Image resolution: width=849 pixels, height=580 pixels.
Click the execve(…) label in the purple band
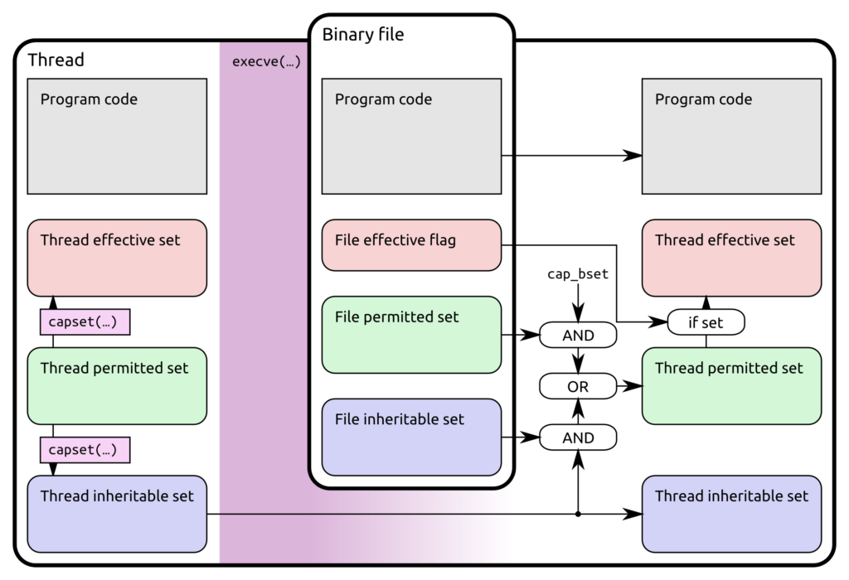coord(265,61)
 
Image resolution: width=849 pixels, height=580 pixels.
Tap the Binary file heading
coord(363,35)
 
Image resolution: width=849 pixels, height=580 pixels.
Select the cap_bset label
coord(578,274)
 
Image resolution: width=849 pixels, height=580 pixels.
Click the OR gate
coord(578,386)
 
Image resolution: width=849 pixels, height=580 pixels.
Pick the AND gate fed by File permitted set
coord(578,336)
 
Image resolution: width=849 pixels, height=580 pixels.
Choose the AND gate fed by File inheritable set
coord(578,437)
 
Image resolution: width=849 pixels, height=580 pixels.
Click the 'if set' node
coord(706,322)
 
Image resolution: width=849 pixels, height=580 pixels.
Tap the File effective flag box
coord(411,244)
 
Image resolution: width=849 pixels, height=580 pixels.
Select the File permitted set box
coord(411,334)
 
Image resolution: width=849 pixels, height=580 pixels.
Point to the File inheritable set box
coord(411,437)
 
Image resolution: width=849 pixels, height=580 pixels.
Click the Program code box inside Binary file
coord(411,136)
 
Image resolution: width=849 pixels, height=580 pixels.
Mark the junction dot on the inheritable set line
coord(578,515)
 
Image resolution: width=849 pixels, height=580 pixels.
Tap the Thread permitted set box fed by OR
coord(731,386)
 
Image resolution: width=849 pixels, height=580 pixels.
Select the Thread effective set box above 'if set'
coord(731,258)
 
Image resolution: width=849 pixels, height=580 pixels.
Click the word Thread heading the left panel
coord(56,60)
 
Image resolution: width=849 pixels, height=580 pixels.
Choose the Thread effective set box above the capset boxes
coord(117,258)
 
